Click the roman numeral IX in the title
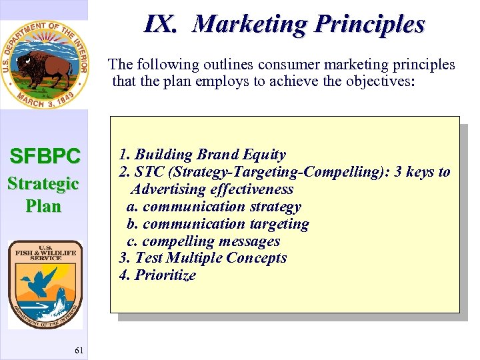[159, 25]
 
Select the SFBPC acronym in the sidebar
[45, 157]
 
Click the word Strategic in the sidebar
[43, 183]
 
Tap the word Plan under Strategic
[43, 206]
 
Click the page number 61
[79, 351]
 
